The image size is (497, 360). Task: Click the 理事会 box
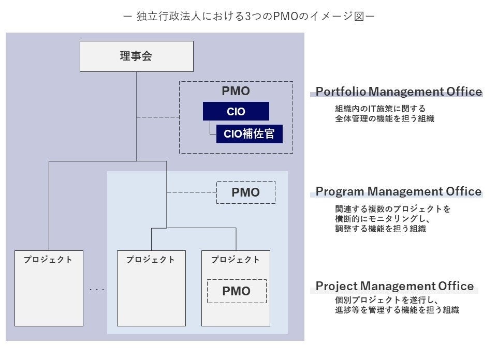(136, 56)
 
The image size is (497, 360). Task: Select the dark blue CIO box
(236, 111)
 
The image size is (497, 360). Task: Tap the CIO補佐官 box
(249, 134)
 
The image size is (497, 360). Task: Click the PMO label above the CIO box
(236, 92)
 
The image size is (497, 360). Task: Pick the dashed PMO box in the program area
(245, 192)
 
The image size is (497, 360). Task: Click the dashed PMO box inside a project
(236, 291)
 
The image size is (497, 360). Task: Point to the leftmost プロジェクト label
(48, 260)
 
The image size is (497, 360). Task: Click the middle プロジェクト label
(151, 260)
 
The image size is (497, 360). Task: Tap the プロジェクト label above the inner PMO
(236, 260)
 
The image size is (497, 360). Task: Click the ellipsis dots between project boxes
(97, 289)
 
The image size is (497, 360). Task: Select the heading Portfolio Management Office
(399, 92)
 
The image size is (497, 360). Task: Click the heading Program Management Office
(399, 191)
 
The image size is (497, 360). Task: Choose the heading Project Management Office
(394, 286)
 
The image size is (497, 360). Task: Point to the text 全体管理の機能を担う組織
(384, 118)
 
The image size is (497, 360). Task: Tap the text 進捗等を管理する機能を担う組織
(397, 310)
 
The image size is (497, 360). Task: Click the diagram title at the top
(248, 17)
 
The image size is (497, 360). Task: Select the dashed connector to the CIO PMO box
(158, 117)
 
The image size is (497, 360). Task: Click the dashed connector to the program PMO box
(191, 192)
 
